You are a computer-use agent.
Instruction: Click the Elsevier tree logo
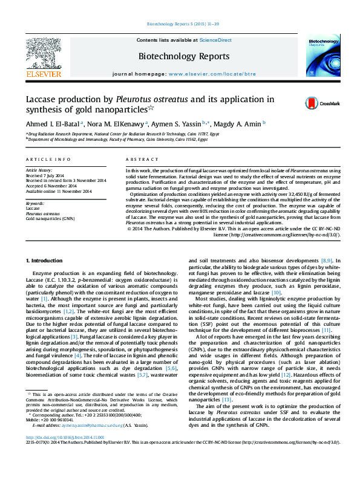43,54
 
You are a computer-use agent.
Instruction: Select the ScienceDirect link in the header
216,40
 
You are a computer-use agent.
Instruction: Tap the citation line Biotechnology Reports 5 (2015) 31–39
180,25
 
